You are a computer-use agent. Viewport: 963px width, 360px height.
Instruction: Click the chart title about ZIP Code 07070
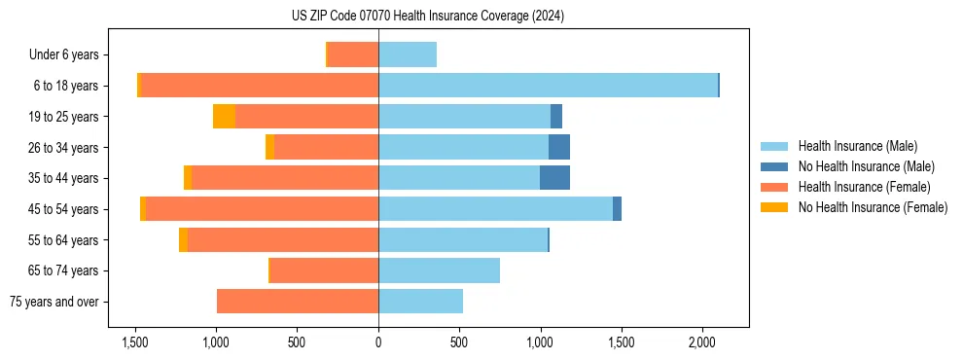(x=428, y=16)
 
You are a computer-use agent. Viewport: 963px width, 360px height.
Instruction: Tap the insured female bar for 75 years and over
(x=298, y=302)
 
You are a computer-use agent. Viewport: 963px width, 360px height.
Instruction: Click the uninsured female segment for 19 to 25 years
(x=224, y=117)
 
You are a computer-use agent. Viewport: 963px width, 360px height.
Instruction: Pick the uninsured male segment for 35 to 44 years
(x=554, y=178)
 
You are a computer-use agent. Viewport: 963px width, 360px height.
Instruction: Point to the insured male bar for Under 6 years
(x=408, y=54)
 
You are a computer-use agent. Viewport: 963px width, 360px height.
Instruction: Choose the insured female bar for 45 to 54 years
(x=263, y=209)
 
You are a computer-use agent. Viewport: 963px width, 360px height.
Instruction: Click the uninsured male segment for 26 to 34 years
(x=559, y=147)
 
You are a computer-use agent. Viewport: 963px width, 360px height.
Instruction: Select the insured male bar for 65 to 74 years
(x=439, y=270)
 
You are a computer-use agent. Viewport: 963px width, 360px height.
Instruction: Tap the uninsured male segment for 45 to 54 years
(x=617, y=209)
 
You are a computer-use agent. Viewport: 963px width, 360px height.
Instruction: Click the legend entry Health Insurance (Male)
(x=857, y=146)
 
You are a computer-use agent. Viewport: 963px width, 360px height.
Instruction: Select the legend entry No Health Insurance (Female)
(x=873, y=207)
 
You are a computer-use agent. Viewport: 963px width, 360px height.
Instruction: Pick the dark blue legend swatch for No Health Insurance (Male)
(x=774, y=166)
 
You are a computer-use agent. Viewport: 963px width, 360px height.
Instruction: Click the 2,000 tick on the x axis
(x=702, y=342)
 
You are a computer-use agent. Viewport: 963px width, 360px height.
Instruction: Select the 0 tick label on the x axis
(x=378, y=342)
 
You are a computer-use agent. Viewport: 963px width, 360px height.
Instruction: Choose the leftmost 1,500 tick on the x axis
(x=134, y=342)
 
